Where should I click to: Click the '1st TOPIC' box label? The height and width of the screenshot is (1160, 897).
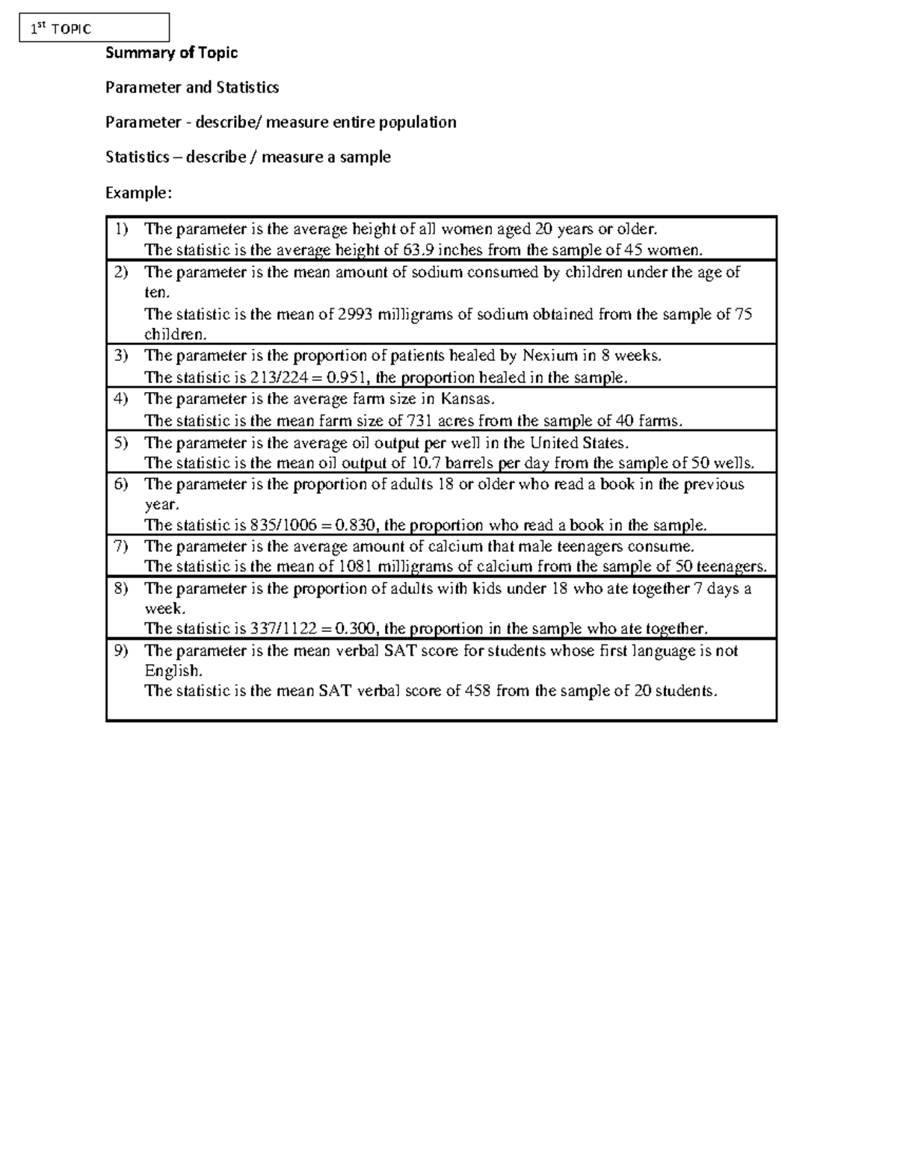coord(61,29)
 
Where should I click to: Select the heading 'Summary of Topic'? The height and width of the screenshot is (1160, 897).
coord(171,52)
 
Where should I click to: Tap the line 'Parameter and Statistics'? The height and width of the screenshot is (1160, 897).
coord(192,87)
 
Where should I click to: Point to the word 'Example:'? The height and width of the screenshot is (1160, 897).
coord(138,193)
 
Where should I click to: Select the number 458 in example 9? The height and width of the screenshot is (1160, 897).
coord(478,691)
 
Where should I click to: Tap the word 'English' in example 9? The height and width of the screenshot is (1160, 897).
coord(172,671)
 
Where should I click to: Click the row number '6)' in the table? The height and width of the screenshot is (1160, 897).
coord(121,484)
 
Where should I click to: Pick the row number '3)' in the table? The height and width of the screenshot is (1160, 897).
coord(121,356)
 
